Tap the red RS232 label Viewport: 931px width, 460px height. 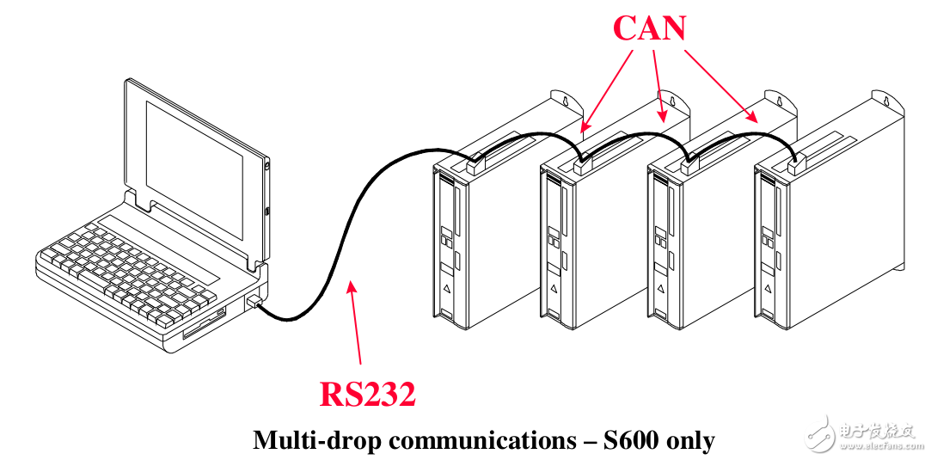click(x=368, y=394)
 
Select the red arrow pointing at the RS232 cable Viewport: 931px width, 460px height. click(x=356, y=322)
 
